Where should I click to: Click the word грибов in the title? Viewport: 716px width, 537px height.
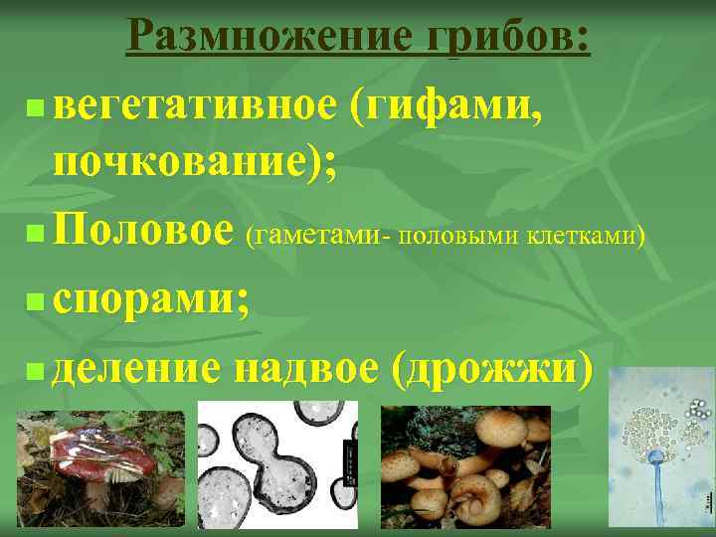(507, 39)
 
